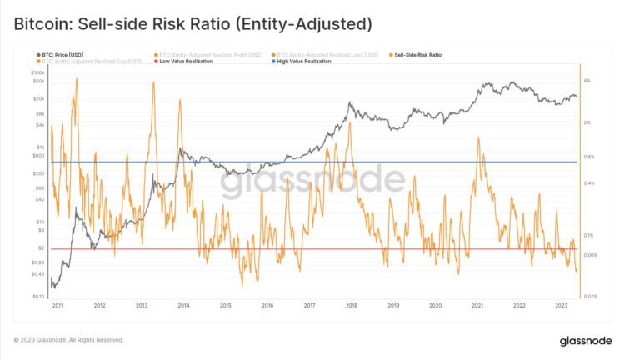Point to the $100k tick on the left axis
[x=37, y=73]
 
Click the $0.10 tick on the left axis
[x=37, y=296]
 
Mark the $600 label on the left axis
[x=38, y=155]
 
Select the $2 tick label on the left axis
[x=41, y=248]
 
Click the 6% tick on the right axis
[x=587, y=81]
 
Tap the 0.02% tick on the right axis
[x=592, y=296]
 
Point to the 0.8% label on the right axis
[x=590, y=157]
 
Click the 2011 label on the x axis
[x=58, y=306]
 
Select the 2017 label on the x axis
[x=309, y=306]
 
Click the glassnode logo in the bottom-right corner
[x=585, y=340]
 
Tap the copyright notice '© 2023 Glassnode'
[x=68, y=340]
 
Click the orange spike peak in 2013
[x=150, y=82]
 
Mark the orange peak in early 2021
[x=477, y=137]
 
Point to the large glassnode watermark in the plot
[x=312, y=178]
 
